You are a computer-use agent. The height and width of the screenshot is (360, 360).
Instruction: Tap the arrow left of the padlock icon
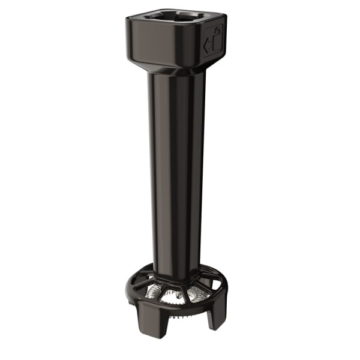pyautogui.click(x=207, y=44)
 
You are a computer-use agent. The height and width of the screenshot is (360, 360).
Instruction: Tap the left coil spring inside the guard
pyautogui.click(x=155, y=292)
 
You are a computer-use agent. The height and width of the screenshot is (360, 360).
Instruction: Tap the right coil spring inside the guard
pyautogui.click(x=196, y=293)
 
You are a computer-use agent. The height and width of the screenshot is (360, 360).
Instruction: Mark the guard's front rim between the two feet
pyautogui.click(x=178, y=307)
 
